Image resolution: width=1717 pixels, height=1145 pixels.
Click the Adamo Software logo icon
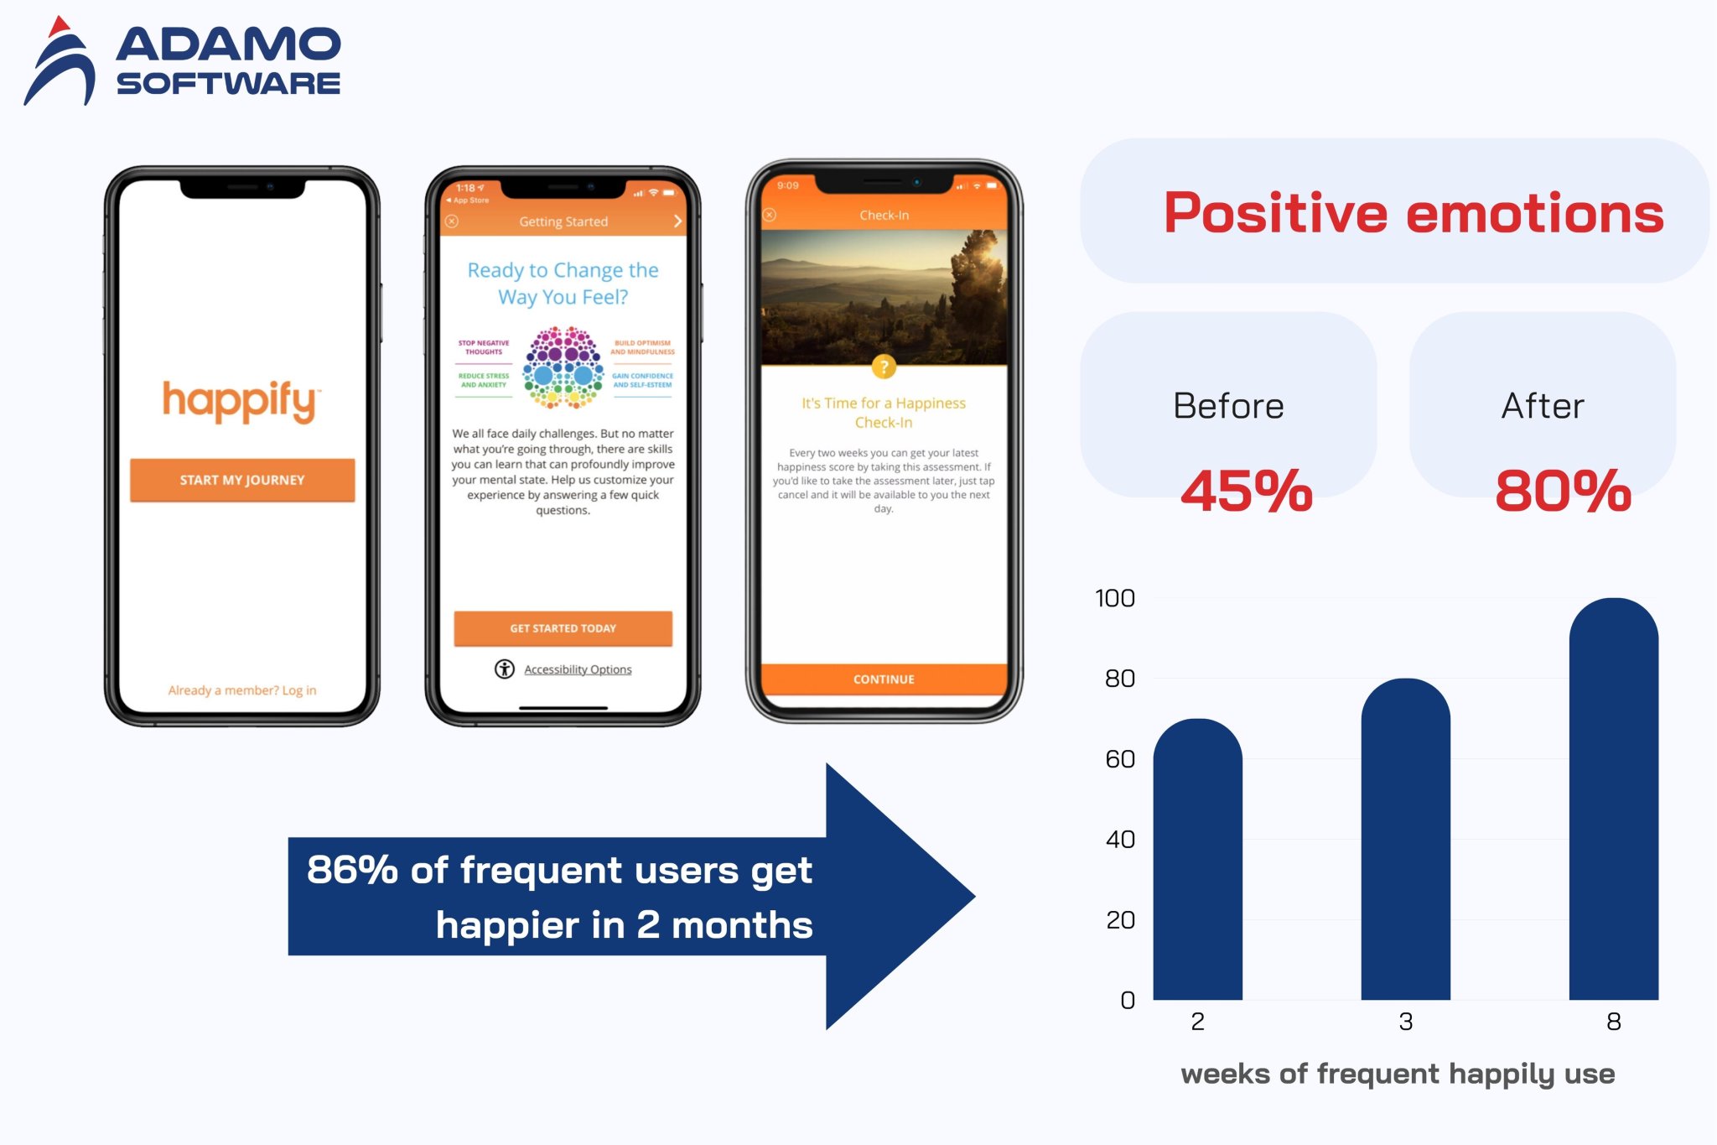(x=60, y=63)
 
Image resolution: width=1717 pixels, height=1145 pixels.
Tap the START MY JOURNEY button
(x=242, y=480)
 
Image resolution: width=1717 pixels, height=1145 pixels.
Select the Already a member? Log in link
(x=242, y=690)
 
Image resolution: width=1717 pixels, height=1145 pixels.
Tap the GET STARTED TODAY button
(x=563, y=628)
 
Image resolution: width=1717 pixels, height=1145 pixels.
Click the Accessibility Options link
(x=577, y=669)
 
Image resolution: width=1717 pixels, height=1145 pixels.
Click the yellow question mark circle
(x=884, y=367)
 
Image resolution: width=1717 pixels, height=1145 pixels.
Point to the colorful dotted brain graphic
(x=563, y=367)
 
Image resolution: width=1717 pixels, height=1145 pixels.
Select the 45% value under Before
(x=1247, y=491)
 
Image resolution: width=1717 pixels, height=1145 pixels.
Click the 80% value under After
(x=1563, y=491)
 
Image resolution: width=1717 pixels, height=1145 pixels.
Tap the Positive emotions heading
(x=1414, y=213)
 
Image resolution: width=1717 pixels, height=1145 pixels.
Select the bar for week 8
(x=1613, y=805)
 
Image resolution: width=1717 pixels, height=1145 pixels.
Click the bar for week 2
(x=1197, y=864)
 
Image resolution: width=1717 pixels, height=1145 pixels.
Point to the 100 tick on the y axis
(x=1115, y=598)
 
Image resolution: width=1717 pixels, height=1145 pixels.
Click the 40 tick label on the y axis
(x=1120, y=840)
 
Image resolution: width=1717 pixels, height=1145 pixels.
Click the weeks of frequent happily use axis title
(x=1398, y=1074)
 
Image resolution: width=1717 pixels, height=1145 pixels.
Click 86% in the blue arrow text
(x=352, y=870)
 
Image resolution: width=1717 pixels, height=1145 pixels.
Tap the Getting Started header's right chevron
(x=677, y=221)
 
